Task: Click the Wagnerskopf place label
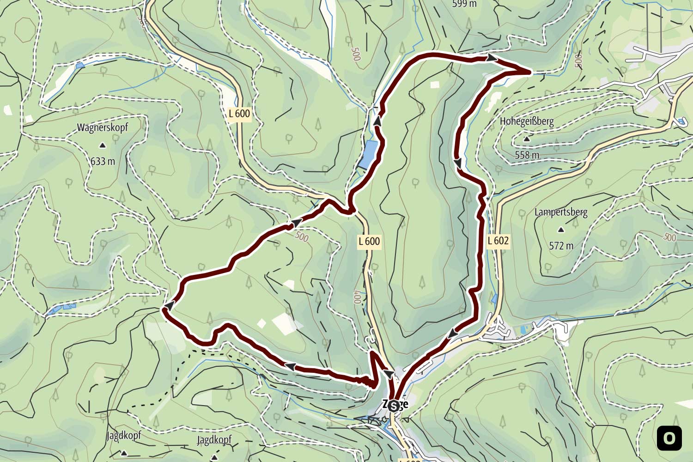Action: (x=102, y=128)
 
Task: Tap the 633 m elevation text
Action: (x=103, y=161)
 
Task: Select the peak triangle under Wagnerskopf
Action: (x=103, y=146)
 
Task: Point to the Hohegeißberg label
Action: (x=527, y=122)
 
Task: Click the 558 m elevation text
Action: (x=527, y=155)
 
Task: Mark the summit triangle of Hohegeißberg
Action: (x=527, y=139)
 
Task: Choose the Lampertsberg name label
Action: (x=561, y=213)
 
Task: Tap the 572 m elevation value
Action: (x=561, y=246)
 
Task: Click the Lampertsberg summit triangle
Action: (x=561, y=230)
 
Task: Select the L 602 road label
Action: (x=498, y=241)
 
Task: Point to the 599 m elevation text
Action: (x=464, y=4)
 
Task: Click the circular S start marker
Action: (x=394, y=406)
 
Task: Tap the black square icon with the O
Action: (x=669, y=438)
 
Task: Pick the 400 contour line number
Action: (x=357, y=297)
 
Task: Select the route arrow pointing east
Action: (x=492, y=58)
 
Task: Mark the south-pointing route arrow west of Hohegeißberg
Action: (x=458, y=163)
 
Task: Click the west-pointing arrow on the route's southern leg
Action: (x=290, y=366)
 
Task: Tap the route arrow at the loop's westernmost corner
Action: (x=170, y=306)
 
